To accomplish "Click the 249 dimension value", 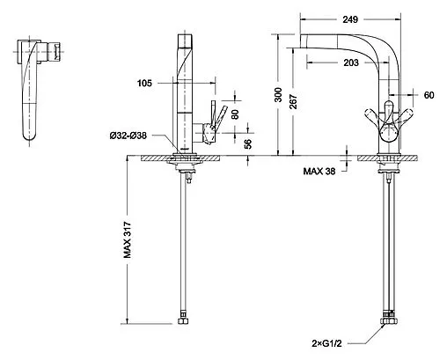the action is (x=350, y=19).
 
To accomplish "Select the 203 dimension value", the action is (x=351, y=62).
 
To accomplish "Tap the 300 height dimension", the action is (x=278, y=95).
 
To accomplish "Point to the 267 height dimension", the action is (x=294, y=101).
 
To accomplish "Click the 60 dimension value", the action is (x=429, y=95).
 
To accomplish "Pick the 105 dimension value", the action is (x=144, y=84).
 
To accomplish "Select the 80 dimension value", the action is (x=235, y=114).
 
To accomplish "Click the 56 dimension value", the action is (x=248, y=143).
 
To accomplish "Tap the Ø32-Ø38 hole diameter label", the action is (x=128, y=136).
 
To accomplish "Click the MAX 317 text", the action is (x=128, y=240).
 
